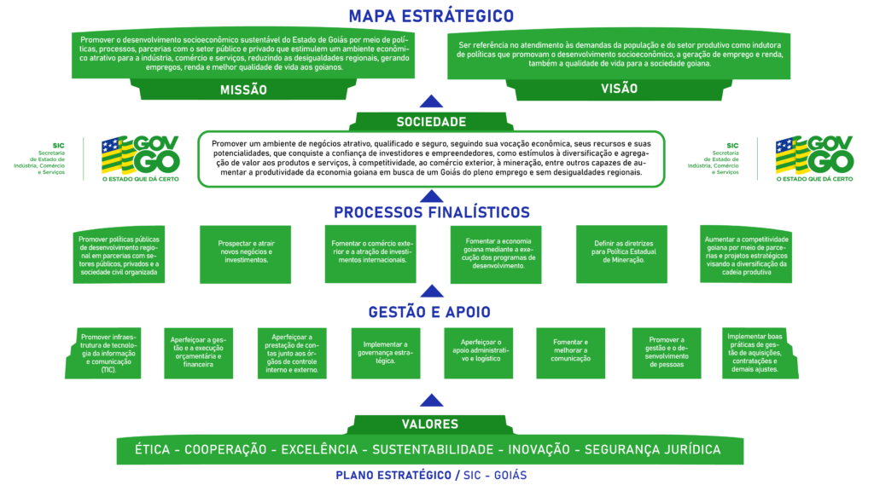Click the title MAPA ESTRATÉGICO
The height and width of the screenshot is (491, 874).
(431, 15)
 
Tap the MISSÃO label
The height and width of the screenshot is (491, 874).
(243, 90)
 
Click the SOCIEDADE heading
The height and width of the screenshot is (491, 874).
(431, 122)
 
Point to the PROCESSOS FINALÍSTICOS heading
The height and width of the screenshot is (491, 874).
(431, 212)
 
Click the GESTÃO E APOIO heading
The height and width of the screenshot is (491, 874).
(431, 311)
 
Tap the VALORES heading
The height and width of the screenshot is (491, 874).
(430, 424)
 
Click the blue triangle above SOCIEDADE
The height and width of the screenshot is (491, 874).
(432, 101)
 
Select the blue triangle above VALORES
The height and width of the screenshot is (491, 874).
(432, 401)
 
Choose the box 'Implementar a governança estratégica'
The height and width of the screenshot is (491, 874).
(386, 352)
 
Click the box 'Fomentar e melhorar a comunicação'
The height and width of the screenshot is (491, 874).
(572, 352)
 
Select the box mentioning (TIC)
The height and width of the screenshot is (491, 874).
(108, 352)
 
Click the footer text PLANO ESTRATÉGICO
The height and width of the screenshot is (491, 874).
(393, 475)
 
